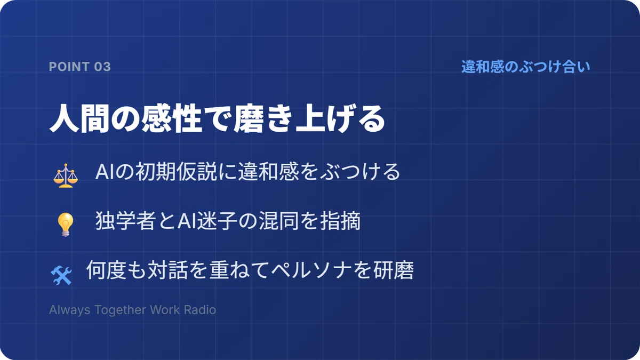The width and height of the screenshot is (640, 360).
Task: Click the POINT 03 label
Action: click(x=79, y=67)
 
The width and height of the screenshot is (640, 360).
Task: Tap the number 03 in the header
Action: click(x=102, y=67)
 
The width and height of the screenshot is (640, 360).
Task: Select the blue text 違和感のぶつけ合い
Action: click(x=526, y=67)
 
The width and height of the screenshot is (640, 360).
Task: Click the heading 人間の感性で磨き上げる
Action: click(x=217, y=118)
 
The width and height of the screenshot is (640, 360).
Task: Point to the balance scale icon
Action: click(x=66, y=175)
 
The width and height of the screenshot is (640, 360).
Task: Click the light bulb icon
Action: click(x=66, y=225)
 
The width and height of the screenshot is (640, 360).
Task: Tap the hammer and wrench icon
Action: click(x=61, y=275)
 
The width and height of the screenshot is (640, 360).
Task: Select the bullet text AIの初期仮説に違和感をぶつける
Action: click(x=247, y=172)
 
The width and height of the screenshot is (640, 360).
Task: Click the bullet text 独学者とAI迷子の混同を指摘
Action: click(x=228, y=221)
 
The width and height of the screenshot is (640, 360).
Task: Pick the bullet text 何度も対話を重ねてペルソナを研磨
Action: click(x=250, y=270)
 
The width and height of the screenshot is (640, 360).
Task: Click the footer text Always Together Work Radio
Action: click(x=132, y=310)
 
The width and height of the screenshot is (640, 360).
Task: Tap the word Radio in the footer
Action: click(x=199, y=310)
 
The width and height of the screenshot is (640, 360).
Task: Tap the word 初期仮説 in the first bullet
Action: click(x=176, y=172)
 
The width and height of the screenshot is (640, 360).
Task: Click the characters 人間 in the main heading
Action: click(x=79, y=118)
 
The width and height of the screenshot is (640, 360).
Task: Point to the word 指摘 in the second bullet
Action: click(x=340, y=221)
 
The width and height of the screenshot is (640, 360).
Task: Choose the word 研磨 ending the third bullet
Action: click(x=394, y=270)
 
